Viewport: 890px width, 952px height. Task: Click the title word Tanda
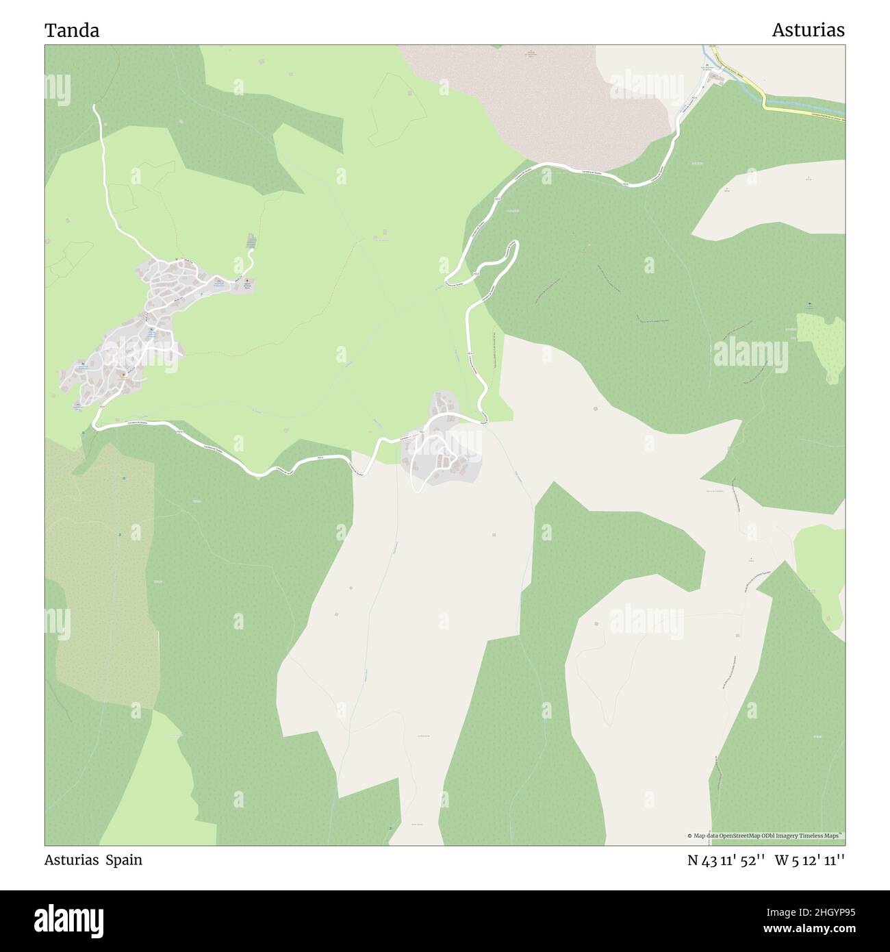[x=72, y=31]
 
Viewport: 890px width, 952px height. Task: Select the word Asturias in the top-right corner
[x=808, y=31]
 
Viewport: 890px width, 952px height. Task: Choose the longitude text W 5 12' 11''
[x=810, y=861]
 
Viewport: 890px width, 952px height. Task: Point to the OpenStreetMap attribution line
[x=765, y=836]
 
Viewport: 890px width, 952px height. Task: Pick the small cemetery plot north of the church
[x=251, y=241]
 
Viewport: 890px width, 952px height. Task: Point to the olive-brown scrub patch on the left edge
[x=103, y=582]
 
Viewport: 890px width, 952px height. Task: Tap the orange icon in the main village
[x=124, y=375]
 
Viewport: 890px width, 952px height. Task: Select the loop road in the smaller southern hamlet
[x=416, y=473]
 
